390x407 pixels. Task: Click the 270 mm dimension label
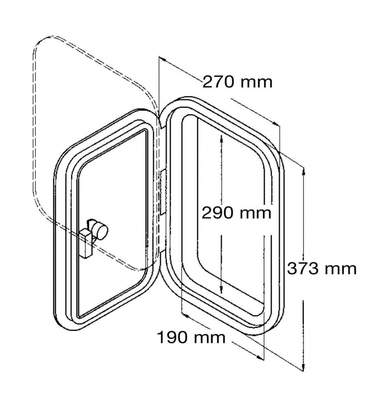click(237, 82)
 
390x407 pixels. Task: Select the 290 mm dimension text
click(237, 213)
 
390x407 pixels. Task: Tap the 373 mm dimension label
click(322, 269)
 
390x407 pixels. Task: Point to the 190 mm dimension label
click(191, 337)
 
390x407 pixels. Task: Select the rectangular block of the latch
click(85, 243)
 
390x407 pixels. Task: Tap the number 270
click(219, 82)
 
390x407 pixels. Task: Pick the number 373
click(303, 269)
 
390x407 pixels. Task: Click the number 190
click(173, 337)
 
